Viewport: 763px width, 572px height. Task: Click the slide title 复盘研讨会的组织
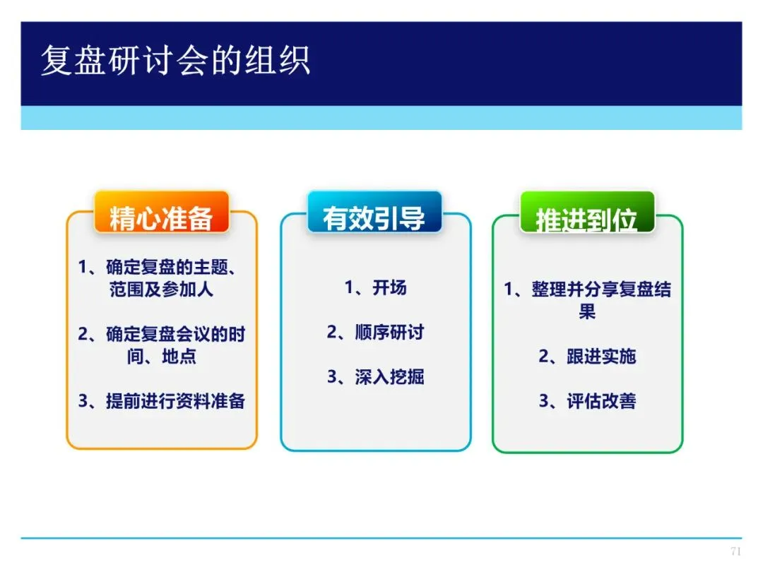pos(176,60)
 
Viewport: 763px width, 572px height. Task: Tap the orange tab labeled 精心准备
pos(162,213)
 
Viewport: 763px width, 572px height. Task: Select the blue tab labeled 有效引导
pos(374,213)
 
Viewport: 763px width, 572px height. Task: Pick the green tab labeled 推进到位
pos(587,213)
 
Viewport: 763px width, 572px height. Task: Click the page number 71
pos(735,551)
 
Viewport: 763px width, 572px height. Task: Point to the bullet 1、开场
pos(375,287)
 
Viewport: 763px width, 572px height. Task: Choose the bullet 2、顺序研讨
pos(375,332)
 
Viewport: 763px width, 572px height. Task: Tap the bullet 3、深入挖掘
pos(375,377)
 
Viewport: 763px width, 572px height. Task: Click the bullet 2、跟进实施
pos(587,357)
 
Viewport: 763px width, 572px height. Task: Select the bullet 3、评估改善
pos(587,401)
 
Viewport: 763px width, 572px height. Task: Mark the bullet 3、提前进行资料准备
pos(162,401)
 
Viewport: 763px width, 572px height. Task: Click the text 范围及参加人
pos(162,290)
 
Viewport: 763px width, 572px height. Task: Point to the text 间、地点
pos(162,357)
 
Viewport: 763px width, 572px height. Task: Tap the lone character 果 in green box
pos(587,311)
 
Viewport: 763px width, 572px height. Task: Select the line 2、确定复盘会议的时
pos(162,334)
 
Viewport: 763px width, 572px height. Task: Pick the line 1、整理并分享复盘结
pos(587,290)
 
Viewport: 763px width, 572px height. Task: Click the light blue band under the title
pos(381,118)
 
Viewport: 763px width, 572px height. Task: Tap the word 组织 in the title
pos(278,60)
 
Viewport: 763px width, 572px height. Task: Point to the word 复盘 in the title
pos(73,60)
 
